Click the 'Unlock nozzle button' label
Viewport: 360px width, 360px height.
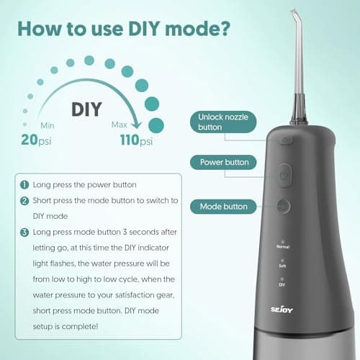(225, 122)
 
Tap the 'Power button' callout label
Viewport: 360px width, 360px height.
(225, 163)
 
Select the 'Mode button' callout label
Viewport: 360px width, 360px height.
(223, 207)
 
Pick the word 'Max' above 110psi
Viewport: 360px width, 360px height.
(120, 125)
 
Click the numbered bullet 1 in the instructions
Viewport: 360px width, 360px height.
(24, 186)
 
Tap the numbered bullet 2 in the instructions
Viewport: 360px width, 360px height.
(24, 200)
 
